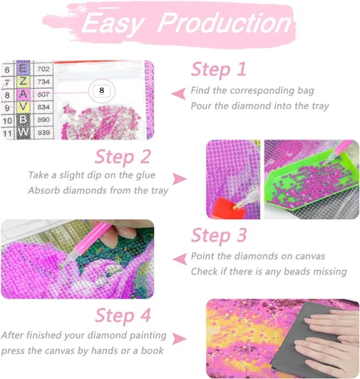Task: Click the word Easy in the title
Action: [x=113, y=24]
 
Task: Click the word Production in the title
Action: [x=225, y=23]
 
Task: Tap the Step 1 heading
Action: [x=218, y=69]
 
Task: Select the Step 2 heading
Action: [x=123, y=157]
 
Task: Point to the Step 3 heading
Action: [x=219, y=235]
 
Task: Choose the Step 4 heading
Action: [x=123, y=315]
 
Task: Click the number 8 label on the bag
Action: [x=102, y=90]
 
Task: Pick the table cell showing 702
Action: [x=43, y=69]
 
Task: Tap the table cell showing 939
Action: [x=43, y=132]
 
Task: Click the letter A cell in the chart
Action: [x=23, y=94]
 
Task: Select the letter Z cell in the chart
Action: [x=23, y=82]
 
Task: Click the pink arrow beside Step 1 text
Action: [x=179, y=94]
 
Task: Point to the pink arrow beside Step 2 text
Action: [x=180, y=179]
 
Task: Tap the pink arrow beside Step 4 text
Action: [x=180, y=339]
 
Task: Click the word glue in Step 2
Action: [x=146, y=175]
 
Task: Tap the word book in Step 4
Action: [x=152, y=350]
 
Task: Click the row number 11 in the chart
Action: [x=8, y=133]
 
